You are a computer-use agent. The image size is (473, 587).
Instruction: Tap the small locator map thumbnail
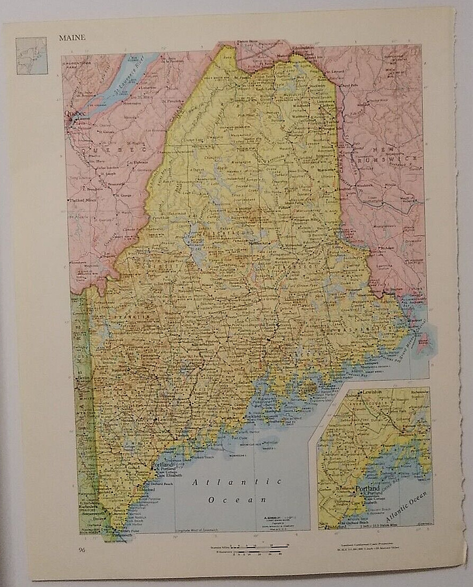click(31, 55)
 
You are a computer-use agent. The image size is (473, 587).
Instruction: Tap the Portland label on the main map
click(163, 465)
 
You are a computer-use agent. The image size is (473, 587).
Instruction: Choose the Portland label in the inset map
click(367, 488)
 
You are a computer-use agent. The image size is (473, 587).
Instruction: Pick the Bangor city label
click(257, 340)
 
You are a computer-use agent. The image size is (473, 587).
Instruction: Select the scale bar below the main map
click(259, 551)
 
